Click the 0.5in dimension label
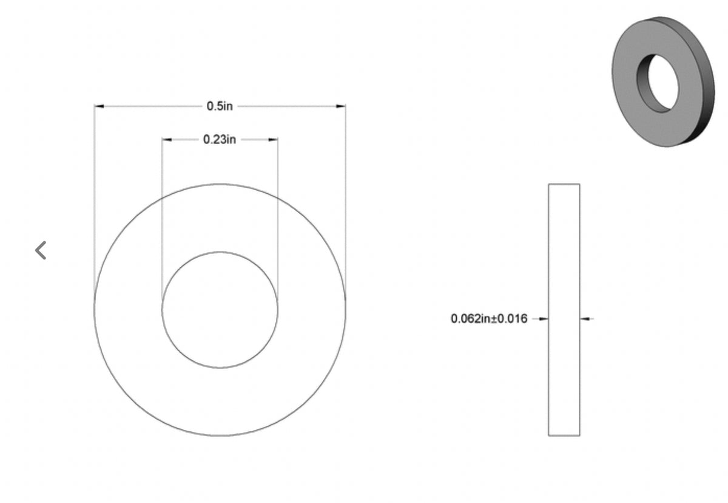coord(220,106)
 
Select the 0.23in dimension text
coord(220,140)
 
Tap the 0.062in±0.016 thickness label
coord(489,318)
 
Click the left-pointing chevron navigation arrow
coord(41,250)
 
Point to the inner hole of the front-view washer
coord(220,310)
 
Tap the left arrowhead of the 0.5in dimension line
coord(99,106)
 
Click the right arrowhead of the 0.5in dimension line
coord(341,106)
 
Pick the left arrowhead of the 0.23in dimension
coord(166,140)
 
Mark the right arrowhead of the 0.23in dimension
coord(274,140)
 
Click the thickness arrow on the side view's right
coord(585,318)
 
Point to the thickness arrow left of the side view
coord(543,318)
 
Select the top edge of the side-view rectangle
coord(564,184)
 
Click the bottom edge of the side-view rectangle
coord(564,436)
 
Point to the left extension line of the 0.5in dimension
coord(94,200)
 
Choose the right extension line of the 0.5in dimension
coord(345,200)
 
